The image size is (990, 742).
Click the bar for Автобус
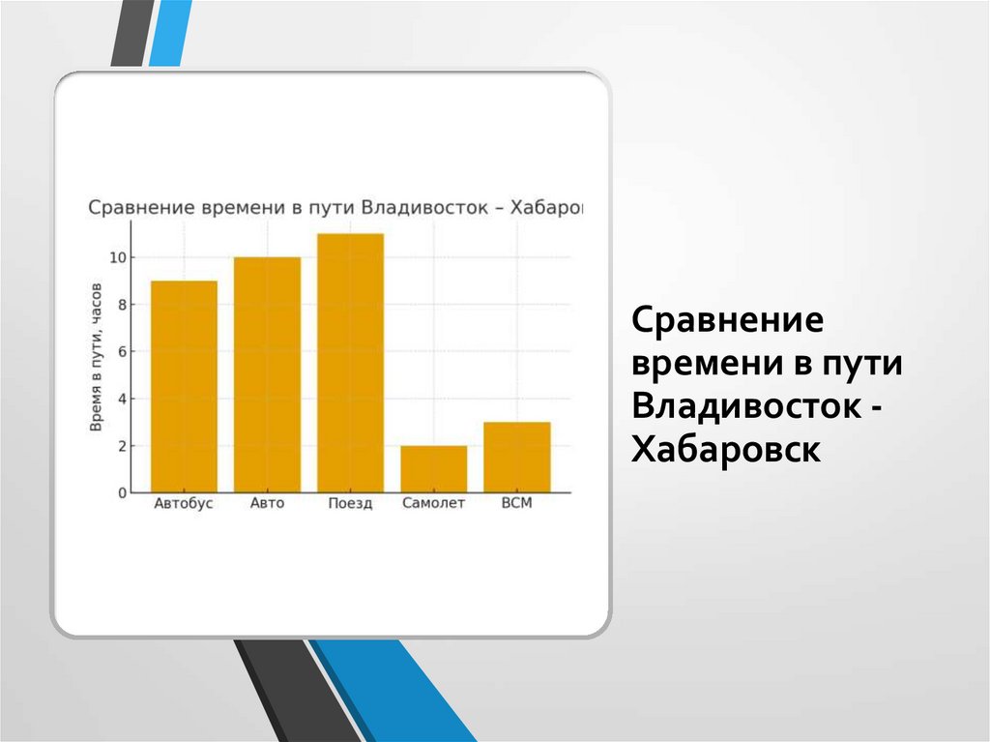(x=184, y=386)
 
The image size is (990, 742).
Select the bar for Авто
(x=267, y=374)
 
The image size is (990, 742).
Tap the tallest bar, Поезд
(x=350, y=363)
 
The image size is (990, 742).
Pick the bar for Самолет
(x=433, y=469)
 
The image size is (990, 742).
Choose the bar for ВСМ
(x=517, y=457)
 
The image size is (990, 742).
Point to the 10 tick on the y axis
(x=117, y=257)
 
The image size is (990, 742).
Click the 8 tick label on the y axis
(x=121, y=305)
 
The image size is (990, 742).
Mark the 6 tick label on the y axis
(x=121, y=351)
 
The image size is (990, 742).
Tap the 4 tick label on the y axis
(x=121, y=399)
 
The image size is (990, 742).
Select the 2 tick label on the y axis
(x=121, y=446)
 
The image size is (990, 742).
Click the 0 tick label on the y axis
(x=121, y=492)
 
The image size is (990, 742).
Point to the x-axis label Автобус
(x=184, y=504)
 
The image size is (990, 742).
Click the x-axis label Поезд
(x=350, y=505)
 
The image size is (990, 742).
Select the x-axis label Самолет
(x=433, y=504)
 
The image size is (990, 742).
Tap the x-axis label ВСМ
(x=517, y=504)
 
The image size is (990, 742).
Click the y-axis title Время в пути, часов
(x=97, y=358)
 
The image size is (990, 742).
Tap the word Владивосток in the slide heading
(x=744, y=406)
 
